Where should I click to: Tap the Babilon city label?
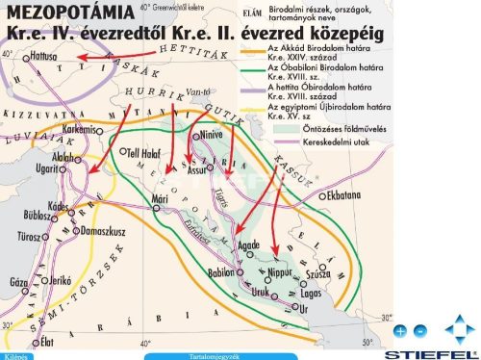click(x=221, y=272)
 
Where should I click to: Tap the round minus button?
click(x=419, y=330)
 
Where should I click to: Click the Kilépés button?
click(x=15, y=356)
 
